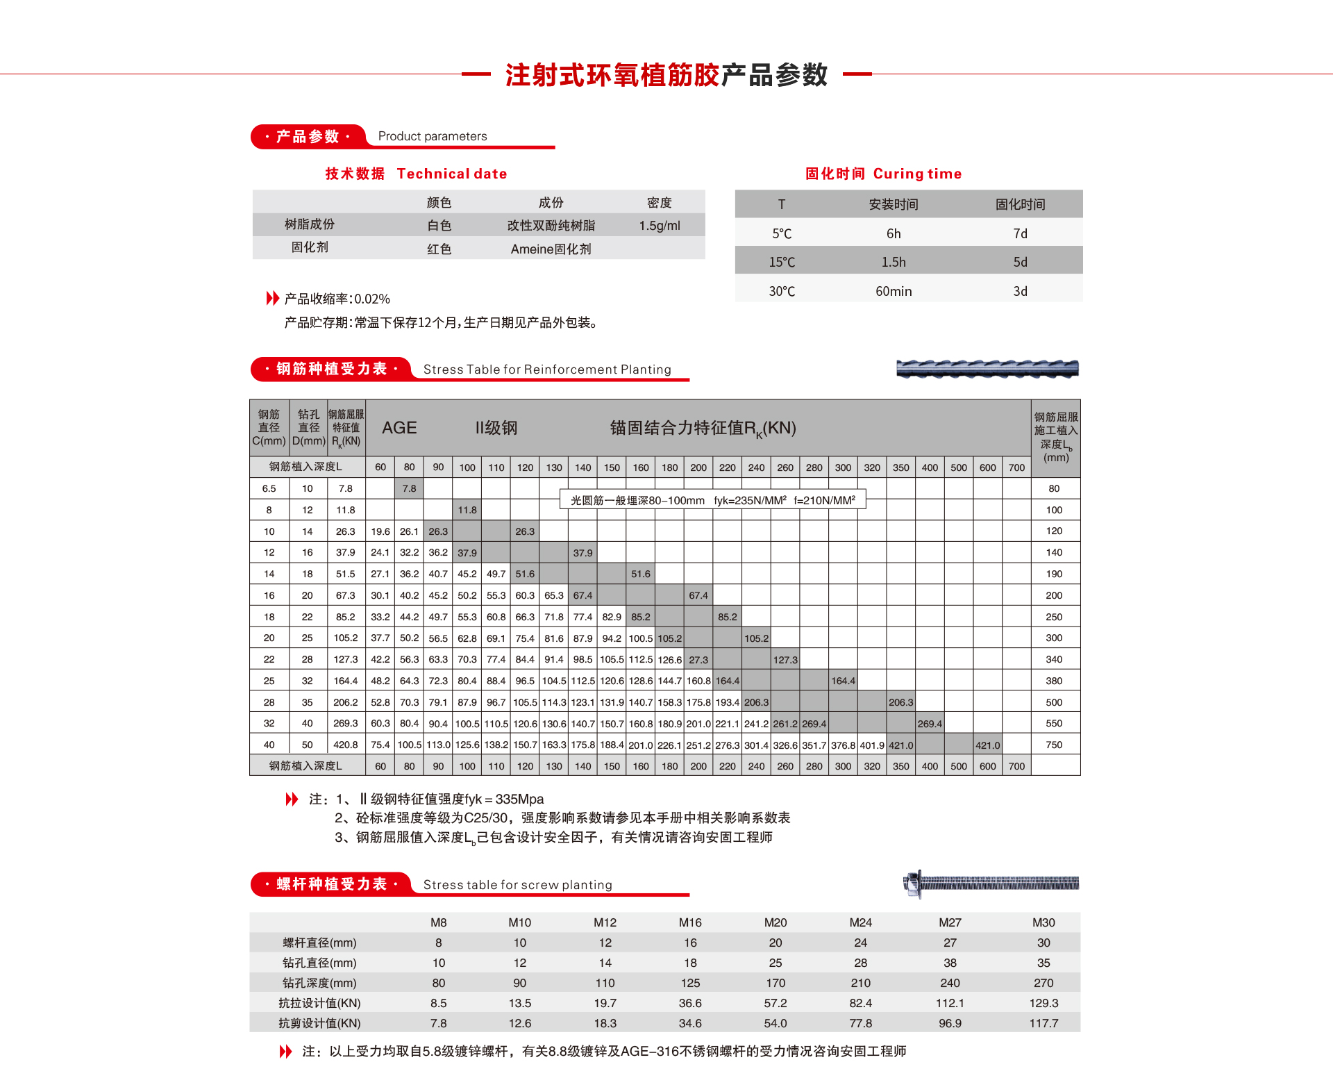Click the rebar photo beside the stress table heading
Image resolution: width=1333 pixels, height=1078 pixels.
987,369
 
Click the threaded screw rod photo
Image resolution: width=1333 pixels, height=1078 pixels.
991,884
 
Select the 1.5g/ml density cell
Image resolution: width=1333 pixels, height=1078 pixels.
660,226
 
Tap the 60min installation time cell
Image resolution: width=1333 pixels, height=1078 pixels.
894,292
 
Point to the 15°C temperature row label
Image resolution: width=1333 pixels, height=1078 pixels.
782,263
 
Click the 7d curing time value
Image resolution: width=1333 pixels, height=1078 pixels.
1020,234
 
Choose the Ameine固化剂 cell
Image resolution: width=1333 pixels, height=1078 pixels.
551,249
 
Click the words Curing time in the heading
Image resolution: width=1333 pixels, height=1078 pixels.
917,174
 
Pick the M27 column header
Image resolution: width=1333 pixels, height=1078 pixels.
950,922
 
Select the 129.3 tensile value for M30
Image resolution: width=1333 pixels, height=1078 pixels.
1043,1003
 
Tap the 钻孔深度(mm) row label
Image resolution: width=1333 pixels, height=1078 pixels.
319,983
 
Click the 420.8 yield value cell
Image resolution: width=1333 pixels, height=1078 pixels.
346,745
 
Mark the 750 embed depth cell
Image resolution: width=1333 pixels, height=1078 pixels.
1054,745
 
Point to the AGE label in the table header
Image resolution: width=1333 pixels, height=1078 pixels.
399,428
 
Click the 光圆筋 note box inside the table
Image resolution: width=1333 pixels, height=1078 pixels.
712,500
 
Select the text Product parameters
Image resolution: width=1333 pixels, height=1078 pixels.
433,136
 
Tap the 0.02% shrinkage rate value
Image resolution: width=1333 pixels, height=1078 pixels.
372,299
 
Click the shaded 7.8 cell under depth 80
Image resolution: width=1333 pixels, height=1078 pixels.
410,488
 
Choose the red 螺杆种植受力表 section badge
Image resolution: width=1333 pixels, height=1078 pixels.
331,884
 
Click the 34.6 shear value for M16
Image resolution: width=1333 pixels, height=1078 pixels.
690,1023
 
